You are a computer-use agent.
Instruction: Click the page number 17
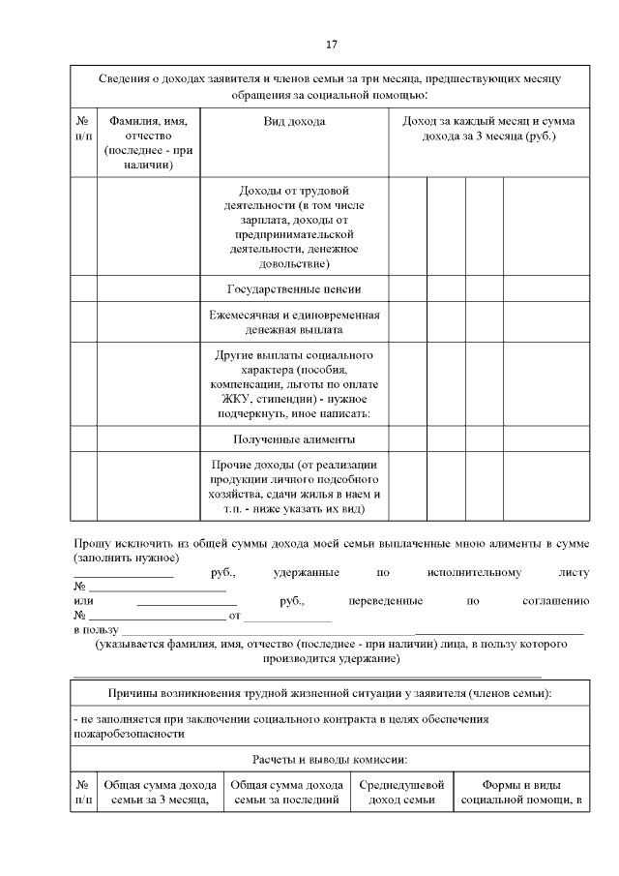pyautogui.click(x=331, y=45)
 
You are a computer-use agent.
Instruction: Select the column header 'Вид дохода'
pyautogui.click(x=294, y=122)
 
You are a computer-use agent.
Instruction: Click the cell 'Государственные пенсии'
pyautogui.click(x=294, y=289)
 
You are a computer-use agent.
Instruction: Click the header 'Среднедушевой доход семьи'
pyautogui.click(x=401, y=792)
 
